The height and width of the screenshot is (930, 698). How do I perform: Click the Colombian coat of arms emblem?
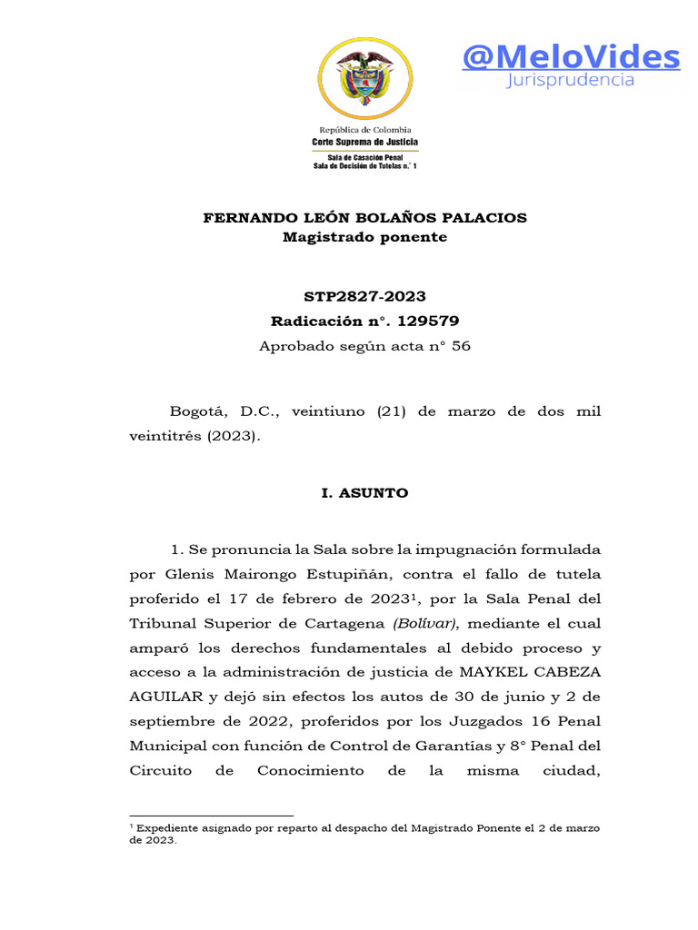click(x=364, y=78)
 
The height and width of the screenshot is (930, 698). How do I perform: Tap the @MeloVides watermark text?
click(x=570, y=57)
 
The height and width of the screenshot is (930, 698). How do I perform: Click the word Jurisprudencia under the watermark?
click(x=570, y=81)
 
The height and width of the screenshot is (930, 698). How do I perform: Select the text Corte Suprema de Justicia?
click(x=364, y=143)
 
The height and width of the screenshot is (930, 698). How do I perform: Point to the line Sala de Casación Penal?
click(x=364, y=157)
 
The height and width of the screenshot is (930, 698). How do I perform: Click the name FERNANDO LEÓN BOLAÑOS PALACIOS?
click(x=364, y=218)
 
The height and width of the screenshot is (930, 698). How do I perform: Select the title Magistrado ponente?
click(x=364, y=237)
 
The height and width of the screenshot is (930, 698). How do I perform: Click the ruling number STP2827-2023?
click(x=364, y=297)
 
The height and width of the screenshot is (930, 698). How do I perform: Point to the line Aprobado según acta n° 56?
click(x=364, y=346)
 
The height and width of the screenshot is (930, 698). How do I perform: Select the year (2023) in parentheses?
click(x=233, y=436)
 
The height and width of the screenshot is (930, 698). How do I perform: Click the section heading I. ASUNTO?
click(x=364, y=493)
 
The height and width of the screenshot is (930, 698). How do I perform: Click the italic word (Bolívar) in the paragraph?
click(x=426, y=624)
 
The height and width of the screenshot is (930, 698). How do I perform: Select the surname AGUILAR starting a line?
click(x=161, y=697)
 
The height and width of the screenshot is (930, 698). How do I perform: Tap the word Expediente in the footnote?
click(x=167, y=828)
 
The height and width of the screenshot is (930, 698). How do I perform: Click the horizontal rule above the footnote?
click(x=212, y=816)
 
